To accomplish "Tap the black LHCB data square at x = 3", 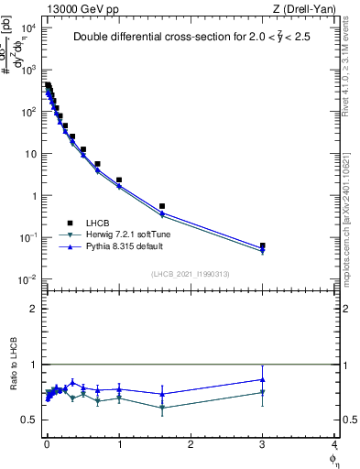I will coord(263,245).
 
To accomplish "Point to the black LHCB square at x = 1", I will coord(119,180).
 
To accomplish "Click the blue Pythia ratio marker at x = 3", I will coord(263,379).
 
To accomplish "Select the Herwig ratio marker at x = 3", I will coord(263,393).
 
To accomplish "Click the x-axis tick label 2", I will coord(191,444).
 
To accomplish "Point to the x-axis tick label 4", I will coord(334,444).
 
